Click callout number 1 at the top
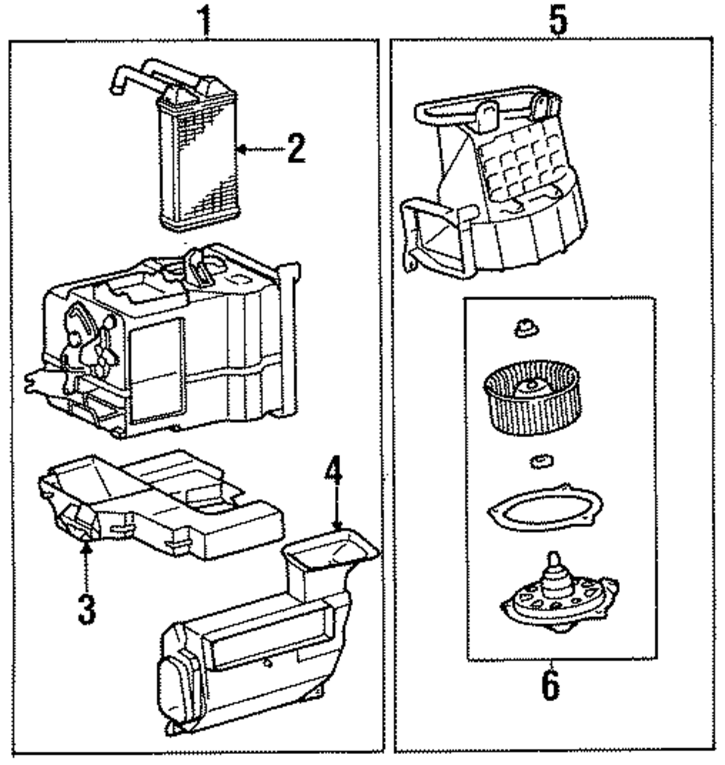205,20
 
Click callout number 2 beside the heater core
296,149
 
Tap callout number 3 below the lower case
87,610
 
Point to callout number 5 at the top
558,20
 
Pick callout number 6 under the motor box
550,686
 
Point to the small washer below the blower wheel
541,460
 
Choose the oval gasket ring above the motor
545,509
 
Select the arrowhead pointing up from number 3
86,550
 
